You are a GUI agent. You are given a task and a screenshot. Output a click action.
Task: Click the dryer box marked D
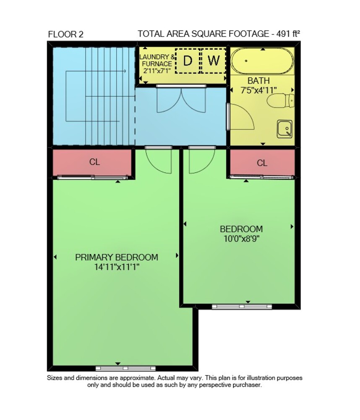coord(188,61)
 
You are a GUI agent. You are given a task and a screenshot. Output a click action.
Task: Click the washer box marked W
coord(213,61)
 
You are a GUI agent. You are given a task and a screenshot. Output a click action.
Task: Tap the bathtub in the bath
coord(262,61)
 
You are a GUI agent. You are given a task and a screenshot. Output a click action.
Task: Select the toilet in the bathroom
coord(281,101)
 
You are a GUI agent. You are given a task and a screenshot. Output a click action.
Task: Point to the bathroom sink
coord(284,129)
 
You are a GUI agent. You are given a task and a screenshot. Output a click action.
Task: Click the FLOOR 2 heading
coord(66,34)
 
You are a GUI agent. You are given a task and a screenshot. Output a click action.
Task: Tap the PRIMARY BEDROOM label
coord(117,257)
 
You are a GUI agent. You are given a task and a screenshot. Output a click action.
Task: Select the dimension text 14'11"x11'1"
coord(117,267)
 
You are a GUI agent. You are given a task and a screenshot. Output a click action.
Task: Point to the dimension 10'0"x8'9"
coord(241,239)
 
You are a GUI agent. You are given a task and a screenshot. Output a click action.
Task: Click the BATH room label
coord(258,81)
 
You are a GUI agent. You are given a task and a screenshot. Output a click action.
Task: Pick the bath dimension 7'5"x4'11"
coord(258,90)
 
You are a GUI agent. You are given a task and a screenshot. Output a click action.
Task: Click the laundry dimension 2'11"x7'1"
coord(157,71)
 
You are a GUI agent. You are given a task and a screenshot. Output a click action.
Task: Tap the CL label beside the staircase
coord(94,162)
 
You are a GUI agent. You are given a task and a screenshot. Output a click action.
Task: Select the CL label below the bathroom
coord(262,163)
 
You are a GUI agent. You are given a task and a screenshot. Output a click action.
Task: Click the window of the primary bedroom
coord(125,368)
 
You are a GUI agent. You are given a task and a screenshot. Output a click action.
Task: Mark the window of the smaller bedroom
coord(242,307)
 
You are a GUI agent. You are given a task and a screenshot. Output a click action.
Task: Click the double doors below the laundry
coord(181,100)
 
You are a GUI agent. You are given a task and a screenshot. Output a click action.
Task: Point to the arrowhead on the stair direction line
coord(125,71)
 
